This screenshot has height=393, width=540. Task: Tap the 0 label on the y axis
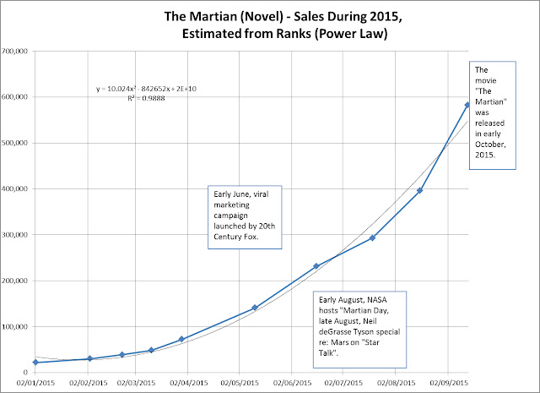click(28, 373)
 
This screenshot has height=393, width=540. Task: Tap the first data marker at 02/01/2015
click(35, 363)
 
